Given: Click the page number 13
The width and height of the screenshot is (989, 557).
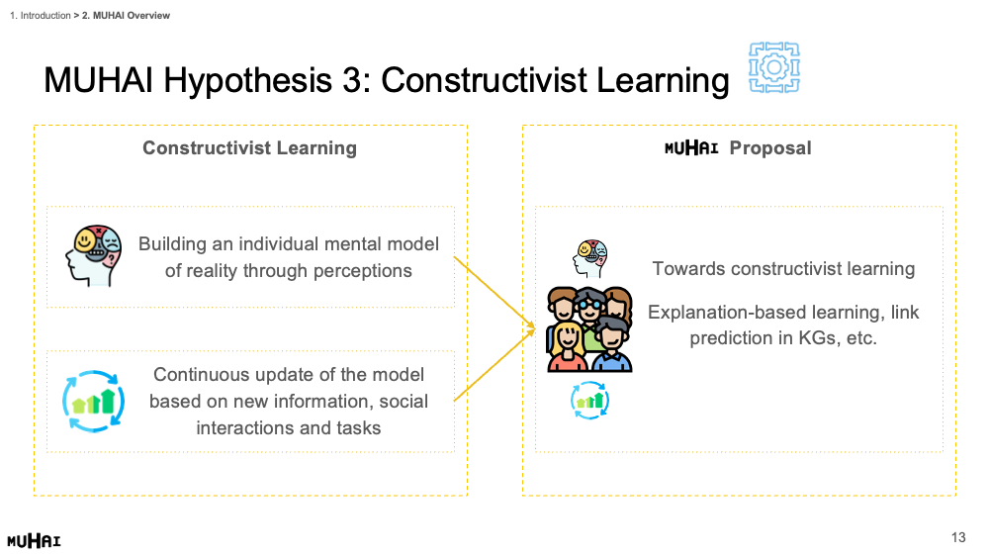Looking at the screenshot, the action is pos(958,537).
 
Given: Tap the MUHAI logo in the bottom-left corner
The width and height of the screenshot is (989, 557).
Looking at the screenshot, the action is pos(34,540).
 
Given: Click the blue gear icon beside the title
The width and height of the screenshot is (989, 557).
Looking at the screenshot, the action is pos(774,67).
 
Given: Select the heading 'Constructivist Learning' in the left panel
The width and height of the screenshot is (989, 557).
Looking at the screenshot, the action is pos(250,147).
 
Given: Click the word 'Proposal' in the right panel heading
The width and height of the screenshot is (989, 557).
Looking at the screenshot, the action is pos(770,147).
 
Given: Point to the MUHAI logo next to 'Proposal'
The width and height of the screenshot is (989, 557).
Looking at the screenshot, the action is pos(691,148).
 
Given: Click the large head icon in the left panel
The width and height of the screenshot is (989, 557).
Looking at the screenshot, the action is pos(94,255).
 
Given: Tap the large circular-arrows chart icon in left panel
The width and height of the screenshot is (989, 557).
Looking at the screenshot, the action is pos(93,402).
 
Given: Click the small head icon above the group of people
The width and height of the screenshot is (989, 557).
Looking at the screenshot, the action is pos(589,258).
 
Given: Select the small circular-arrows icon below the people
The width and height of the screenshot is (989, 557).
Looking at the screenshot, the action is pos(589,401).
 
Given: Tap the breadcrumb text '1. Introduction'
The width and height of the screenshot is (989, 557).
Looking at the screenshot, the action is pos(41,15).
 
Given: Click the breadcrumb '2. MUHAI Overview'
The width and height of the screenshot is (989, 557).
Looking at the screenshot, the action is pos(127,15).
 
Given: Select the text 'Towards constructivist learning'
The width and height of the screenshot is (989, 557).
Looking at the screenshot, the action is pos(783,269).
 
